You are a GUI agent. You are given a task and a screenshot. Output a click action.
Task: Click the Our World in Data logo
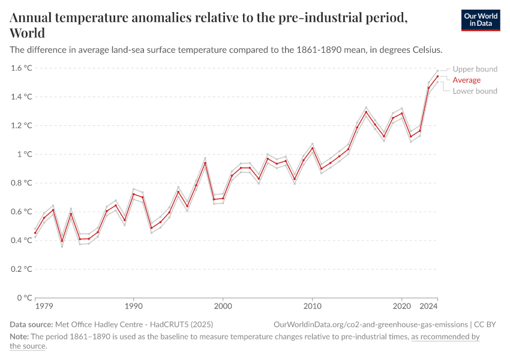click(480, 20)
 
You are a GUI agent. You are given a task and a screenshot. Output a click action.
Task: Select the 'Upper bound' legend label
click(475, 69)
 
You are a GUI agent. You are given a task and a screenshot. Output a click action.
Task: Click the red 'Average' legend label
click(466, 80)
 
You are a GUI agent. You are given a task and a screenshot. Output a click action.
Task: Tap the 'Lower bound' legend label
click(475, 91)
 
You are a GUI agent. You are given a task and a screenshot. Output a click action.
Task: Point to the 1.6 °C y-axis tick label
click(21, 68)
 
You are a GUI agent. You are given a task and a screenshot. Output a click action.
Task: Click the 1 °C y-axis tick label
click(25, 154)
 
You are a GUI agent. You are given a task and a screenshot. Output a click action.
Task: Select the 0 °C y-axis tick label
click(25, 298)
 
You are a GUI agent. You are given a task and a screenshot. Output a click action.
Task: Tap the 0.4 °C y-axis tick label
click(21, 241)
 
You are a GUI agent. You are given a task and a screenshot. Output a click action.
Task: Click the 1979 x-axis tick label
click(44, 306)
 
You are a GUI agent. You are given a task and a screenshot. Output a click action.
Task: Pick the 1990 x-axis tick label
click(133, 306)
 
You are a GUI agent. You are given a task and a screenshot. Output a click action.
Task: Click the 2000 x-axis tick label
click(223, 306)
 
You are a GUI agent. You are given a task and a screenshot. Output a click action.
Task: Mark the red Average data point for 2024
click(437, 76)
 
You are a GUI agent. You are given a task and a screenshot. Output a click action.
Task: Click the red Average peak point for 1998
click(205, 163)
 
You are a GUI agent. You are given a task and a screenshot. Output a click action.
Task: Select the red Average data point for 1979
click(35, 233)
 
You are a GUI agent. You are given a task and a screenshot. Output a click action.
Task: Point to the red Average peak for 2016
click(366, 112)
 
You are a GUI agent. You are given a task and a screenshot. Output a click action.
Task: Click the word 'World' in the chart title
click(27, 32)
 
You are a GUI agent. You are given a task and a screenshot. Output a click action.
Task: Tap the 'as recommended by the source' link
click(445, 337)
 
